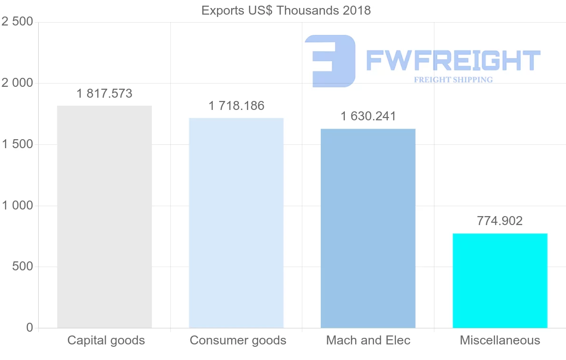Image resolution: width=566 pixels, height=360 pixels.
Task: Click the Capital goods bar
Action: point(104,217)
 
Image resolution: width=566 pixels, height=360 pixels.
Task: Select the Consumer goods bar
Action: point(236,223)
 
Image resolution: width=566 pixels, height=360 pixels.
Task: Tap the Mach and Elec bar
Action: point(368,228)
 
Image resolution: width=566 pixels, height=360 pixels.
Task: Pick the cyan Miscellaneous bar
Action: point(500,280)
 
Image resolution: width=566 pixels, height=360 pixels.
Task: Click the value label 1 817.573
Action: point(104,94)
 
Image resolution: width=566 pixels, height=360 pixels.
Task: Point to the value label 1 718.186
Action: point(236,106)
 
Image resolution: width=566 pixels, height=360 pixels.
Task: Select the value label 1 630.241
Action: point(368,117)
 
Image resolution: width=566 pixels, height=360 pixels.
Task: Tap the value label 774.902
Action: point(500,221)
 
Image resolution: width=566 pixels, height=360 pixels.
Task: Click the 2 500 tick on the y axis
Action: point(17,22)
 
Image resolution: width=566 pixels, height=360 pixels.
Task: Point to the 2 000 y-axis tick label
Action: point(17,84)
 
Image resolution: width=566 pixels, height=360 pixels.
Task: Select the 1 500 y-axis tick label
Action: point(17,144)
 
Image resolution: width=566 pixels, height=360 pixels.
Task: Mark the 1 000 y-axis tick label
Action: point(17,206)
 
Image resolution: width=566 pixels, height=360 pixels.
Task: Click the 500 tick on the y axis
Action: point(23,267)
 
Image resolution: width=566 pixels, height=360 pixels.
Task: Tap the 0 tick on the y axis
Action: point(30,327)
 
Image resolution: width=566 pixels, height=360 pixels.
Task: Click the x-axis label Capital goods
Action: point(106,340)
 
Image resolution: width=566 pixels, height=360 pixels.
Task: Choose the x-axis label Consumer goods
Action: point(238,340)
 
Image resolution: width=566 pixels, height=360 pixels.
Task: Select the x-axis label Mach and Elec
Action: point(368,340)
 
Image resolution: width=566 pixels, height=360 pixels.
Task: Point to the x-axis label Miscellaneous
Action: point(500,340)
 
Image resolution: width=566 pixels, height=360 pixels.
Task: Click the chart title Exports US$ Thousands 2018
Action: point(286,10)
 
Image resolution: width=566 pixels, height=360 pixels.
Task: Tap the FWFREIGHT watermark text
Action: point(453,60)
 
